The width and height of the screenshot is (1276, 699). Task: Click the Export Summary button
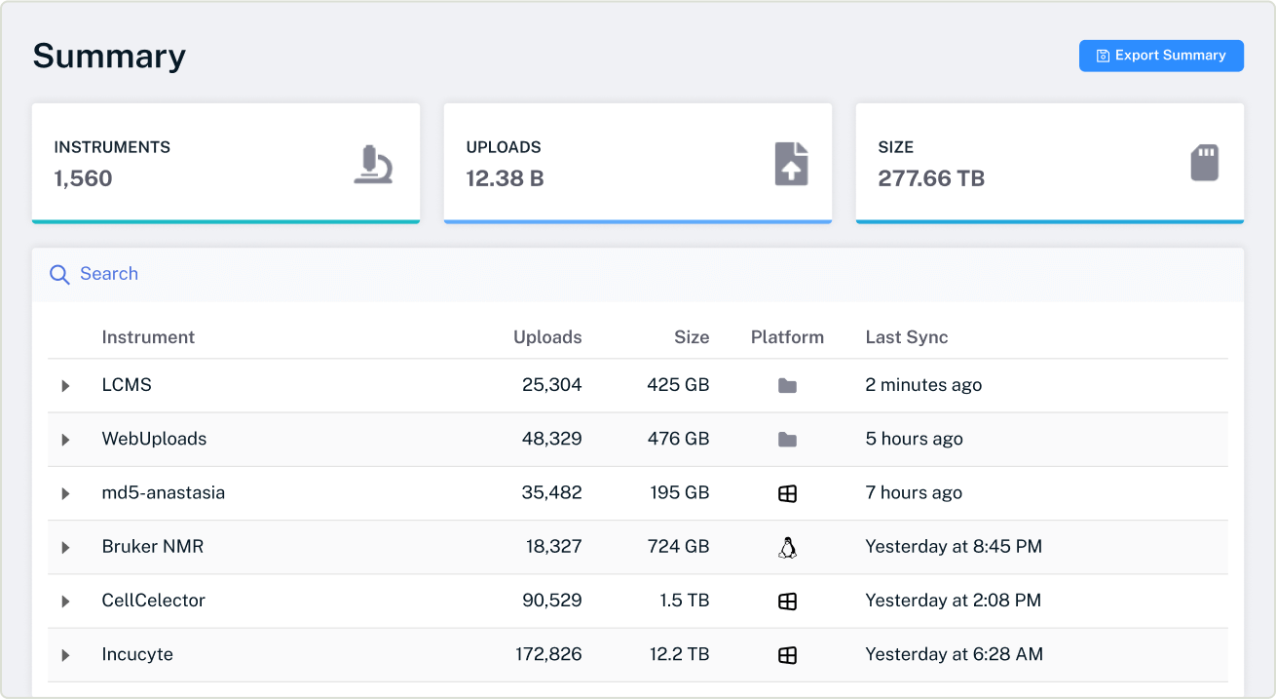click(1160, 56)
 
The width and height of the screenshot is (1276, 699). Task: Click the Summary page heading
click(109, 56)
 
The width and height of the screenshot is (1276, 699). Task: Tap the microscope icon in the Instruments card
click(373, 165)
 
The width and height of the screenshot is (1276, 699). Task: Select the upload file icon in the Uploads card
click(791, 164)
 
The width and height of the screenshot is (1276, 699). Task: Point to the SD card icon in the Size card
click(1205, 163)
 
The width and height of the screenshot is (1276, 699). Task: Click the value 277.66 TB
click(930, 178)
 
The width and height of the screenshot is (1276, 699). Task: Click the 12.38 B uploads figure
click(505, 178)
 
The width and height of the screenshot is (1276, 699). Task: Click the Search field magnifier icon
click(59, 275)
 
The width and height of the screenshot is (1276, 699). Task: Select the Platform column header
click(787, 337)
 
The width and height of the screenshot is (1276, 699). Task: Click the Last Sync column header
click(906, 337)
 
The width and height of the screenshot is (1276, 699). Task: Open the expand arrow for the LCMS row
click(65, 386)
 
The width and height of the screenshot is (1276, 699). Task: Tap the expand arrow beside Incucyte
click(65, 655)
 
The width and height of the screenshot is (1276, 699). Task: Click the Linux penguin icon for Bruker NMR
click(787, 548)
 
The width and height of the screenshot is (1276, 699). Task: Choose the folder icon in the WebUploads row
click(787, 440)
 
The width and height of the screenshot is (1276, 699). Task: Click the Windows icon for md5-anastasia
click(787, 494)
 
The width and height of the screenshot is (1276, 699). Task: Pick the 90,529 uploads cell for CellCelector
click(551, 601)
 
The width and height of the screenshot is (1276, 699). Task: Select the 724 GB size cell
click(678, 547)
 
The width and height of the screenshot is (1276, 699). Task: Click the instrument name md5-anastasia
click(163, 493)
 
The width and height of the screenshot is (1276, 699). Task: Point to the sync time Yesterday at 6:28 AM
click(954, 655)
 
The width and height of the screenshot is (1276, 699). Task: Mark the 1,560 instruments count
click(83, 178)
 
